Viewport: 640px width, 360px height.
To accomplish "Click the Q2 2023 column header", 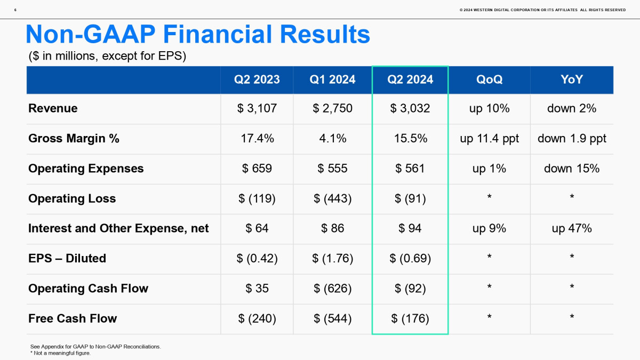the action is pyautogui.click(x=257, y=79).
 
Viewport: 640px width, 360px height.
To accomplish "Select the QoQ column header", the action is pyautogui.click(x=489, y=79).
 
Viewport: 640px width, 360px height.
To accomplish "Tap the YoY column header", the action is pyautogui.click(x=571, y=79).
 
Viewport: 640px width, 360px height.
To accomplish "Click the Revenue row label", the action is pyautogui.click(x=53, y=108).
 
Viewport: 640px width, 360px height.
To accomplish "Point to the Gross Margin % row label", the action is pyautogui.click(x=74, y=139).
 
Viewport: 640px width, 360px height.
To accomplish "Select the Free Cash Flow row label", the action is pyautogui.click(x=73, y=318).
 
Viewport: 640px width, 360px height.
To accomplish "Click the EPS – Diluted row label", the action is pyautogui.click(x=67, y=258).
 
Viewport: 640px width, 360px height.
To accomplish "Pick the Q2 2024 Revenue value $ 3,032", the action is pyautogui.click(x=410, y=108).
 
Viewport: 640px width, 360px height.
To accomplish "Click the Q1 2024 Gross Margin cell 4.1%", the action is pyautogui.click(x=333, y=139).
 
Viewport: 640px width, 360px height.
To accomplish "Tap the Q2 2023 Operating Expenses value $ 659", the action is pyautogui.click(x=257, y=169).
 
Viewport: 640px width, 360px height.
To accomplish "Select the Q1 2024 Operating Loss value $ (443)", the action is pyautogui.click(x=333, y=198).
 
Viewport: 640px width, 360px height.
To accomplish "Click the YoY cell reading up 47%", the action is pyautogui.click(x=571, y=228).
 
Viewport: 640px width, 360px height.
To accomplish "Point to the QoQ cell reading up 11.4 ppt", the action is pyautogui.click(x=489, y=139).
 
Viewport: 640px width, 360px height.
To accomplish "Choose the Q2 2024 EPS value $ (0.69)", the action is pyautogui.click(x=410, y=258).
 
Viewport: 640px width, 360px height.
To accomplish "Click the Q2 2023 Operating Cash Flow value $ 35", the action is pyautogui.click(x=257, y=289).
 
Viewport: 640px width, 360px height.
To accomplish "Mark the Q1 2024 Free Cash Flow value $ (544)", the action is pyautogui.click(x=333, y=318).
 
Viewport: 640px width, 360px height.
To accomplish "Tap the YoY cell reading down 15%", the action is pyautogui.click(x=571, y=169).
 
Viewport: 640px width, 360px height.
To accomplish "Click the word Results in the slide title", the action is pyautogui.click(x=325, y=34).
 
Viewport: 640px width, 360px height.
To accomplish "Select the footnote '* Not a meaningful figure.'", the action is pyautogui.click(x=60, y=353).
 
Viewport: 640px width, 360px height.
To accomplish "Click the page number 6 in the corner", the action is pyautogui.click(x=15, y=10).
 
